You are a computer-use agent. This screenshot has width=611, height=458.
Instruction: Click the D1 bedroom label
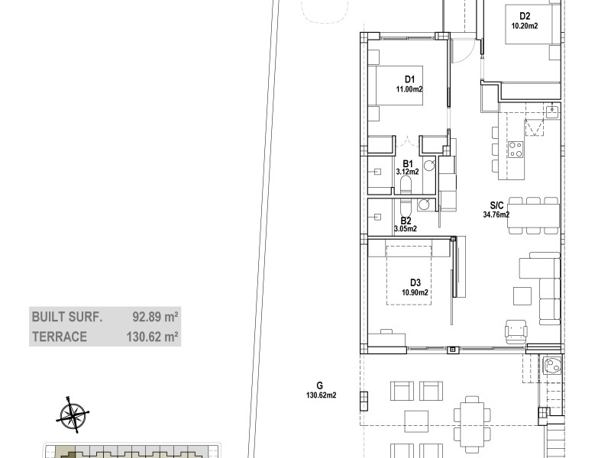(x=409, y=80)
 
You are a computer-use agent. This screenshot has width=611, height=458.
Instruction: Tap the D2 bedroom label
(x=525, y=16)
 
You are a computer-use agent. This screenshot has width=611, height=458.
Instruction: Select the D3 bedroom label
(x=415, y=283)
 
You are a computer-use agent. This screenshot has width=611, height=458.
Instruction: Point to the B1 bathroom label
(x=407, y=163)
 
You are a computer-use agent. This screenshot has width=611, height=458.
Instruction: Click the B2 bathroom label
(x=406, y=221)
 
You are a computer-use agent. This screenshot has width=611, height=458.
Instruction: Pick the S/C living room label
(x=497, y=205)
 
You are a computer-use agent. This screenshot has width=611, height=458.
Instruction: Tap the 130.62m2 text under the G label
(x=321, y=395)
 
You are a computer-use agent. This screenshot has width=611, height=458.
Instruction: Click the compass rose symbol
(x=73, y=414)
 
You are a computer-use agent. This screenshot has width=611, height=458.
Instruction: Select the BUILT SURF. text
(x=67, y=317)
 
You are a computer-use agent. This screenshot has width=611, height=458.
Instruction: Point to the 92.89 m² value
(x=156, y=317)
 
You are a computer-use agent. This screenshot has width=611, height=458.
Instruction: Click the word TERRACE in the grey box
(x=60, y=337)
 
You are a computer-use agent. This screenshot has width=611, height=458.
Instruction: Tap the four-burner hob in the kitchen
(x=516, y=149)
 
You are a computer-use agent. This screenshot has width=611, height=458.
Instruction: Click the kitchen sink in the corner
(x=552, y=111)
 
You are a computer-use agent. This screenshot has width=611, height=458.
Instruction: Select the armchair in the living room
(x=516, y=331)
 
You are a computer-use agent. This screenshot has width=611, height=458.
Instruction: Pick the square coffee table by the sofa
(x=522, y=296)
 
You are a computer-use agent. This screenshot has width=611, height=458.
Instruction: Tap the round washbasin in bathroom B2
(x=424, y=205)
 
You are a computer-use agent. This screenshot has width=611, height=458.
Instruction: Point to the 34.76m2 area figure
(x=496, y=214)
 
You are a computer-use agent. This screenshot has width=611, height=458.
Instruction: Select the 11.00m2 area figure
(x=409, y=89)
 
